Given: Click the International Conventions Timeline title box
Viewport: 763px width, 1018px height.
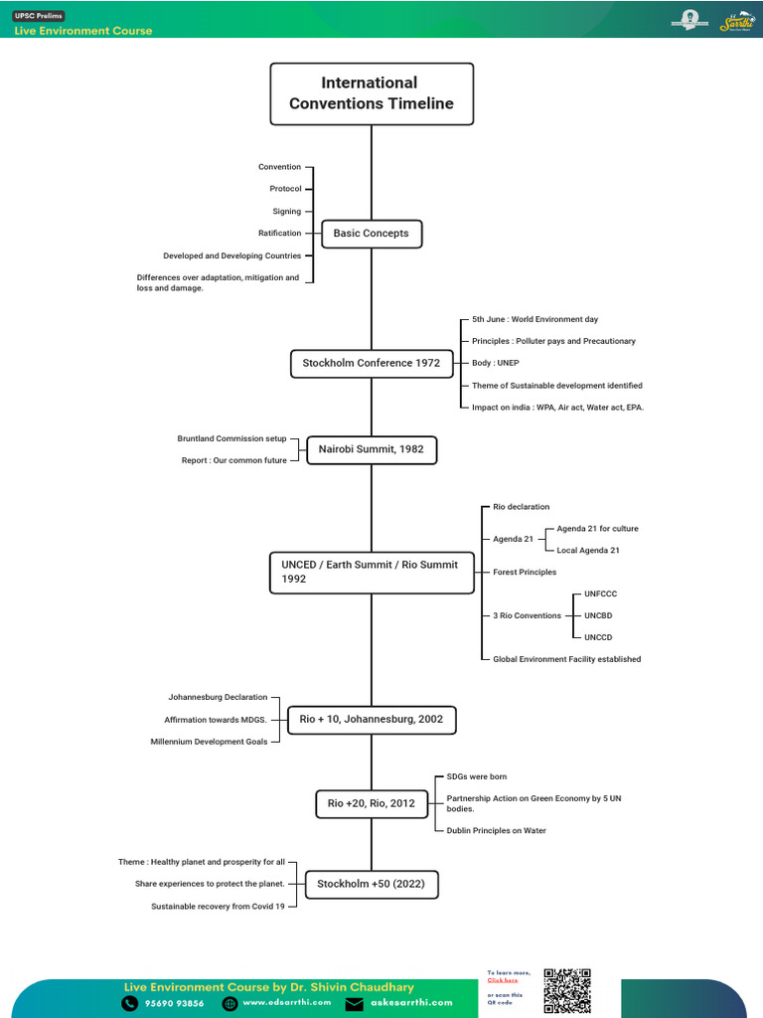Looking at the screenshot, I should (372, 93).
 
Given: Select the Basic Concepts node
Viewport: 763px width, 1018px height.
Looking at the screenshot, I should (371, 234).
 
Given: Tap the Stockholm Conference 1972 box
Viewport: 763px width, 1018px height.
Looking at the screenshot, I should (371, 363).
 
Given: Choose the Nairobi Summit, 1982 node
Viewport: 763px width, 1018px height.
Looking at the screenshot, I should (371, 449).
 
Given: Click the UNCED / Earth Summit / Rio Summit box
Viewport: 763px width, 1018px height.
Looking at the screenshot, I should (371, 572).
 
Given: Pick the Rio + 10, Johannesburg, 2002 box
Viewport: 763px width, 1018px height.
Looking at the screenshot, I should (371, 719).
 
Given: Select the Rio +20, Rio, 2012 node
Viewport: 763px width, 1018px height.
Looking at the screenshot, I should (371, 803).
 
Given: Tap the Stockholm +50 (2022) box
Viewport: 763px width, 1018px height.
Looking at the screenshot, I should (371, 884).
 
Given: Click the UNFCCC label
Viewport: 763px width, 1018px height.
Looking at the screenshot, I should (600, 594).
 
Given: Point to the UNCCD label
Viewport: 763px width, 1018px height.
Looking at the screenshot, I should (599, 637).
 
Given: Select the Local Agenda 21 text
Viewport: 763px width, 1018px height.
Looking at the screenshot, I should (588, 550).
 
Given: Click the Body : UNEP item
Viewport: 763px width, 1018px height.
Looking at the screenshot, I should (496, 363).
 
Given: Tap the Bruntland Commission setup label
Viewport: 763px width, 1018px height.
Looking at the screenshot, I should (231, 438).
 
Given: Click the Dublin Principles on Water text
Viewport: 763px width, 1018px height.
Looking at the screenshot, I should (496, 830).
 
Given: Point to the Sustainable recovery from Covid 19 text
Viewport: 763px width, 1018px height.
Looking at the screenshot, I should (218, 906).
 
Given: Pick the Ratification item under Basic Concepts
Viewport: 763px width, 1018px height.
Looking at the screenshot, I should (279, 234).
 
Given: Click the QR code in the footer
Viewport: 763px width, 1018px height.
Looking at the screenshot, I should (566, 990).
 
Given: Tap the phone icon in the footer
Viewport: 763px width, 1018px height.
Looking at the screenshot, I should (130, 1004).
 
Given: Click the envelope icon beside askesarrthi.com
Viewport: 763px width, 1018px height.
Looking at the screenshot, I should (355, 1004).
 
